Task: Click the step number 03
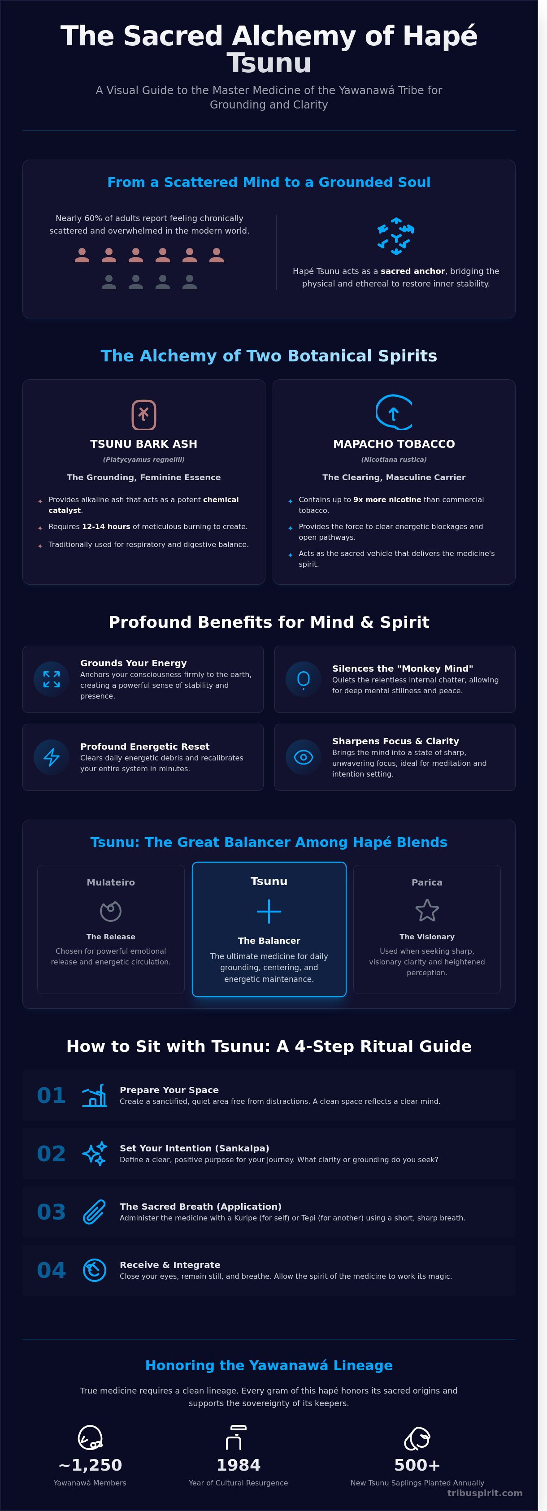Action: (51, 1212)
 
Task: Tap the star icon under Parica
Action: (427, 910)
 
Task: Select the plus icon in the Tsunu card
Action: (269, 912)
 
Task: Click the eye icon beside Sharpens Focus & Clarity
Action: (303, 757)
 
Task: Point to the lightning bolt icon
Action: (52, 757)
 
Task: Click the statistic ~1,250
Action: (90, 1465)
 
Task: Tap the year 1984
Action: (238, 1465)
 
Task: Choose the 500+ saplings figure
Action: (417, 1465)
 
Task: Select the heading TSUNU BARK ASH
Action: (143, 444)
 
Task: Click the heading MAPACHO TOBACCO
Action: (394, 444)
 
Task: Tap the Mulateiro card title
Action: (111, 882)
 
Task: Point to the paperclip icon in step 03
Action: (95, 1212)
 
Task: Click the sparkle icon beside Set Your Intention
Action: (95, 1154)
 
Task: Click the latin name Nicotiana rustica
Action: (394, 460)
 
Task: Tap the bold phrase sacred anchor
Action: (413, 271)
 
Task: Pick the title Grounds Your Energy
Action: (134, 663)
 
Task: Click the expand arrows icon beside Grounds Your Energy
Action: (52, 679)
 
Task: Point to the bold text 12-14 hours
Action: (106, 527)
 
